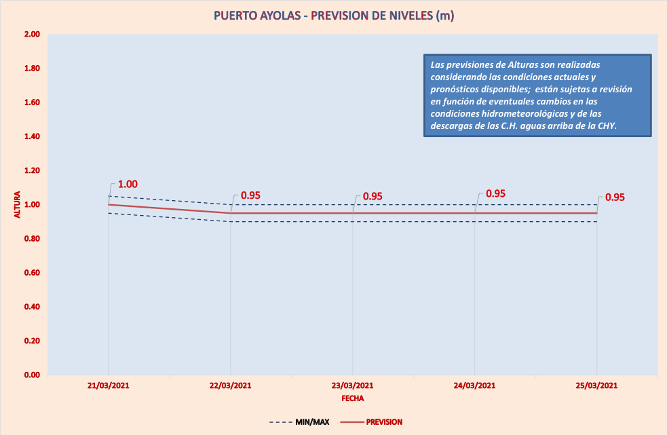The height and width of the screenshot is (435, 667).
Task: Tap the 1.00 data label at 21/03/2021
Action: [x=128, y=185]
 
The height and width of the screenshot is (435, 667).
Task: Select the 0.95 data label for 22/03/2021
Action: [x=250, y=195]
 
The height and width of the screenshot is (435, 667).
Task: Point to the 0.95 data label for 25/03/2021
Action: [x=615, y=197]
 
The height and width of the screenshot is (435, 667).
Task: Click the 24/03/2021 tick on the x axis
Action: [x=474, y=385]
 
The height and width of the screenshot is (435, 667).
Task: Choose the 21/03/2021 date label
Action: [x=108, y=385]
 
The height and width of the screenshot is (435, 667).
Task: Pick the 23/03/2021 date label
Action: [x=352, y=385]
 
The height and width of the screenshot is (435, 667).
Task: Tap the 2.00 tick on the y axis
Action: [x=32, y=35]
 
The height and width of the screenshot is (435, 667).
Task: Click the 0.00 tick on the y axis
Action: [x=32, y=375]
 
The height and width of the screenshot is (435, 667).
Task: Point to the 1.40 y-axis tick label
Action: [x=32, y=136]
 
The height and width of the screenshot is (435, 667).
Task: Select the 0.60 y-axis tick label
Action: [x=32, y=273]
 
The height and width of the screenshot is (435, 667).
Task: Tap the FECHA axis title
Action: [x=352, y=398]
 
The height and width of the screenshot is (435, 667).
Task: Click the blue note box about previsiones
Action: [x=537, y=96]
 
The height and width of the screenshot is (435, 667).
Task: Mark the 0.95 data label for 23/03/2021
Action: [x=373, y=196]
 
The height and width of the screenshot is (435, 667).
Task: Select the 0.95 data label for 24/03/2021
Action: [x=495, y=193]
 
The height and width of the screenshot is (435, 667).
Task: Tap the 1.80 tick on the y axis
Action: [x=32, y=69]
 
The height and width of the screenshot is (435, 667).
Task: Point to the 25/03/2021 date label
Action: [x=596, y=385]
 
